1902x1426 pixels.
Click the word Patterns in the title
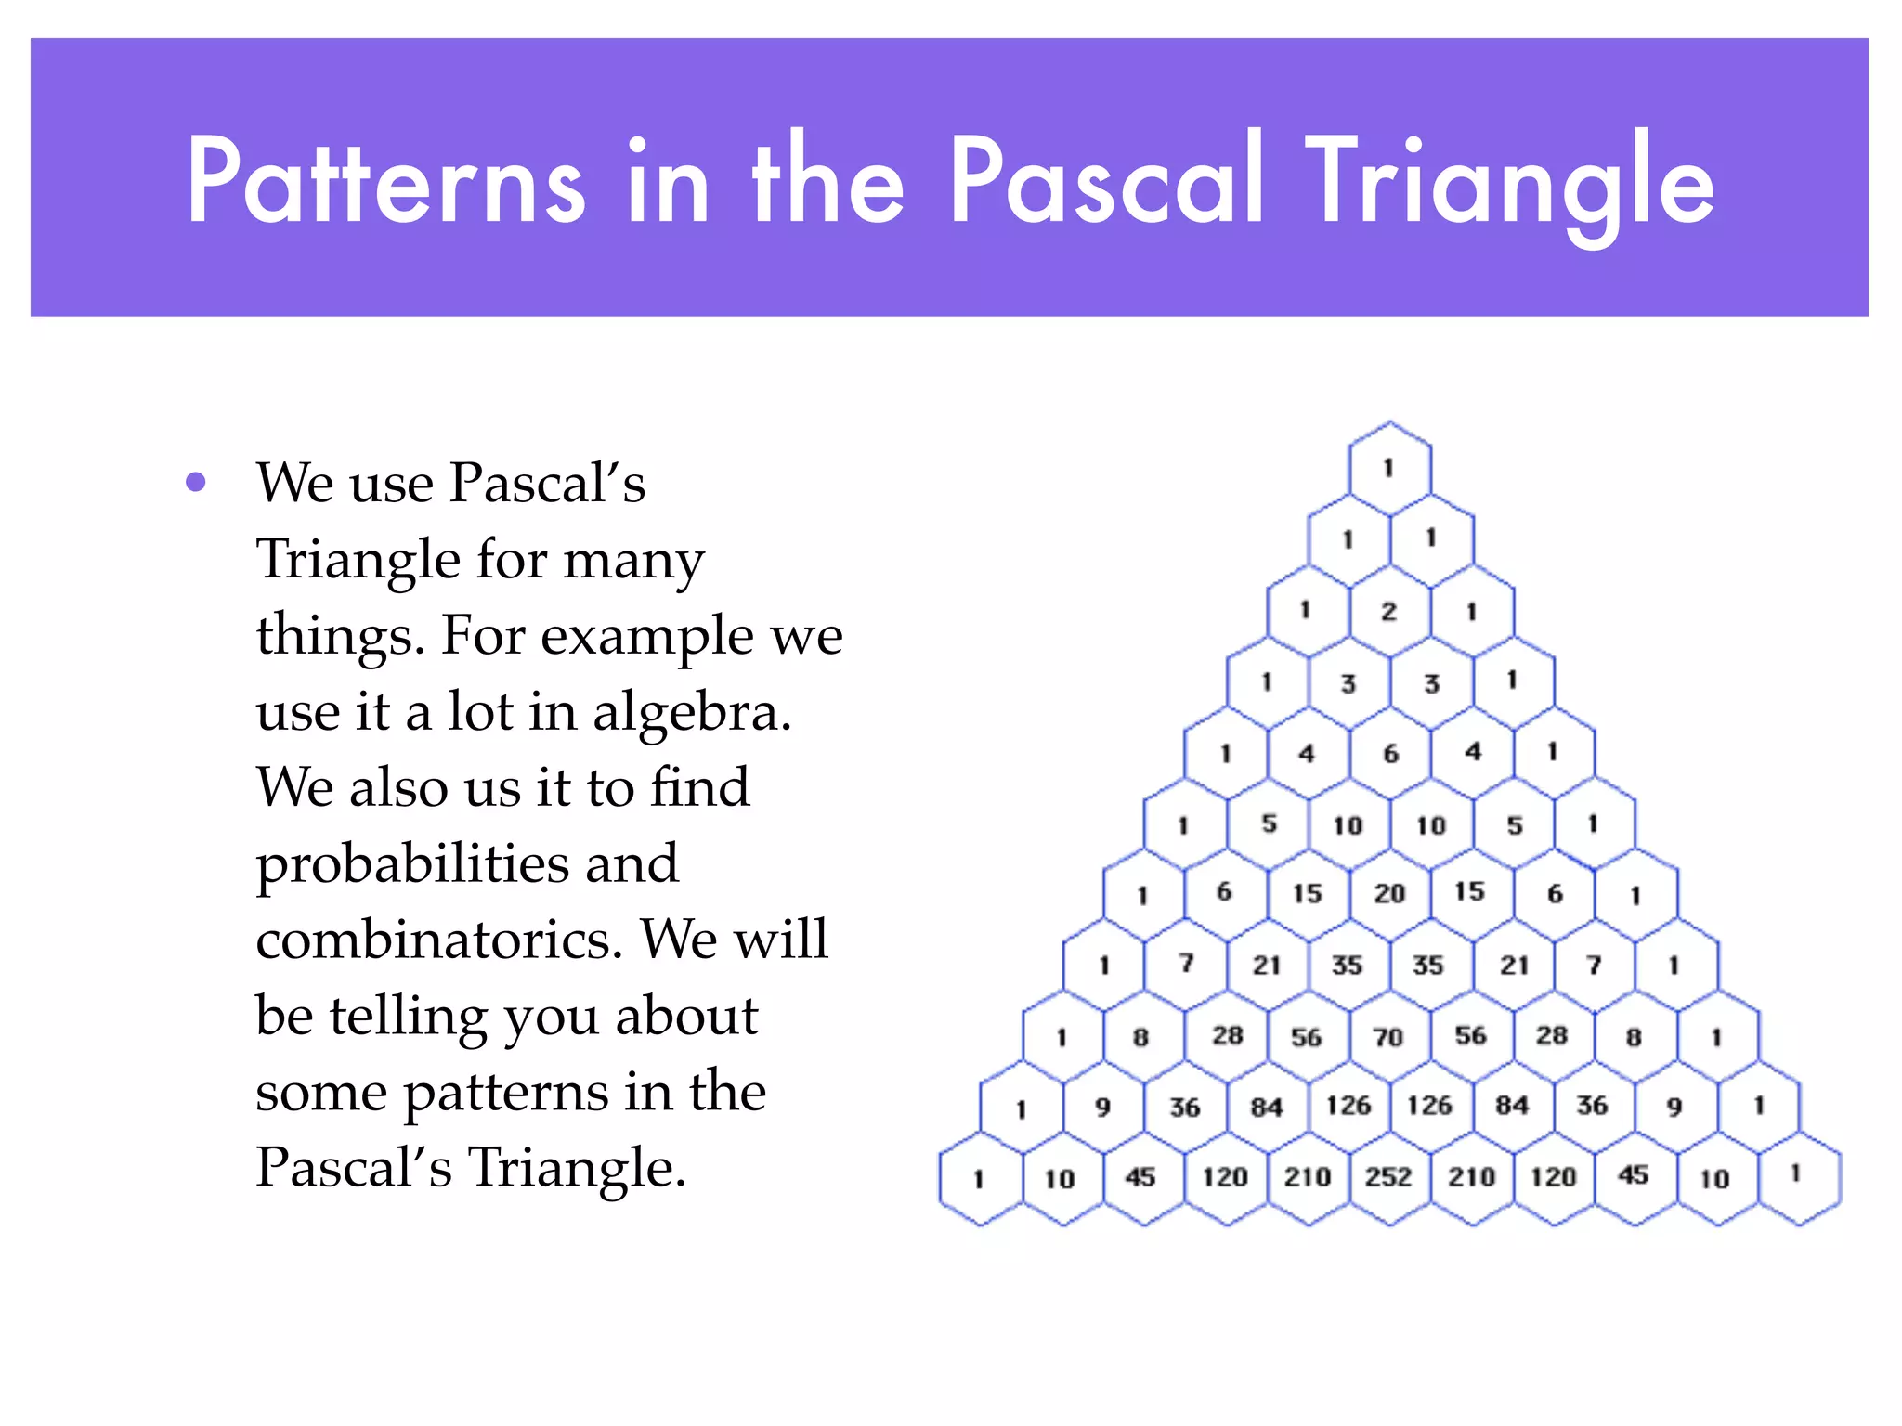click(x=385, y=181)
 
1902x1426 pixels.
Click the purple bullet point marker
click(x=195, y=482)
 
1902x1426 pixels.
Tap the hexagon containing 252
click(x=1389, y=1177)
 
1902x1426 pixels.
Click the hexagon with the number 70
click(x=1389, y=1036)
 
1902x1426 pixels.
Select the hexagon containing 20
click(x=1389, y=893)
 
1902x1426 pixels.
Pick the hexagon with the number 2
click(x=1389, y=611)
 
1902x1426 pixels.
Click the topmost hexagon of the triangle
click(x=1389, y=468)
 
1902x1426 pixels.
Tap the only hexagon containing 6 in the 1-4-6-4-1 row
click(x=1389, y=753)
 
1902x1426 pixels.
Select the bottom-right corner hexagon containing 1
click(x=1798, y=1175)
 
